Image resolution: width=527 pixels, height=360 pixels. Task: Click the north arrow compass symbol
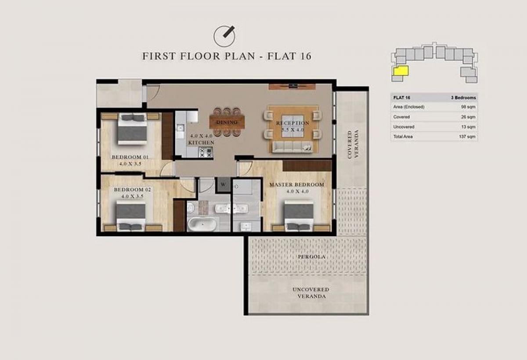[224, 36]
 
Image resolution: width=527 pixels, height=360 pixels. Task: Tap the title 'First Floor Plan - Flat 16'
[227, 56]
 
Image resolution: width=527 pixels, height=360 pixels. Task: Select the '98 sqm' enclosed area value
[468, 107]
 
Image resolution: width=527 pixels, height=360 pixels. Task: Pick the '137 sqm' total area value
[467, 137]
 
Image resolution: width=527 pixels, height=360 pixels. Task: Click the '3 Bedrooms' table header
[463, 97]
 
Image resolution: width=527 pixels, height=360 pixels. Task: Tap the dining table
[227, 122]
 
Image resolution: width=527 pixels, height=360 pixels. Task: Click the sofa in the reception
[292, 147]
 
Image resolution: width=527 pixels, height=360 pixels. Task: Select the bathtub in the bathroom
[202, 224]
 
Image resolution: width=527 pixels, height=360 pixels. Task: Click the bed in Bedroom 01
[132, 128]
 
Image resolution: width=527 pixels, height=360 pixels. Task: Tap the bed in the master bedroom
[299, 216]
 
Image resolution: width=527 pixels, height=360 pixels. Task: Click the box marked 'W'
[223, 184]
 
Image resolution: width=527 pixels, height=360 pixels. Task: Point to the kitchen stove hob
[206, 152]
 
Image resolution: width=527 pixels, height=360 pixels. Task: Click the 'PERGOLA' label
[312, 257]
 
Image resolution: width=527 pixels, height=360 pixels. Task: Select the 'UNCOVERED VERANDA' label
[311, 293]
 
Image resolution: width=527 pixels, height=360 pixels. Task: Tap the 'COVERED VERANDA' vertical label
[353, 144]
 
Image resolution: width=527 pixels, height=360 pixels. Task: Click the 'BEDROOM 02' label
[132, 190]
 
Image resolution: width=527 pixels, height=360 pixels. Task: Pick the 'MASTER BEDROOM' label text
[297, 185]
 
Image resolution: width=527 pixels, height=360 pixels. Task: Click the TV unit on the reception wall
[292, 86]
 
